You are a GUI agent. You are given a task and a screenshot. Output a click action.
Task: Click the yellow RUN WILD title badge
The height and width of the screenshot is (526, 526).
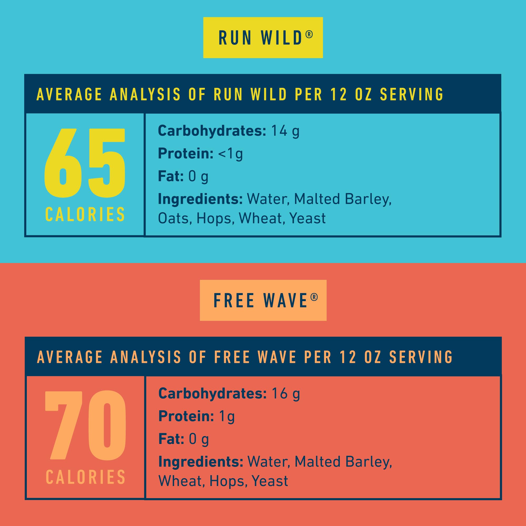pyautogui.click(x=263, y=38)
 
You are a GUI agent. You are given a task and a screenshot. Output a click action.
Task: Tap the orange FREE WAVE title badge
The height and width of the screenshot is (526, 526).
pyautogui.click(x=263, y=300)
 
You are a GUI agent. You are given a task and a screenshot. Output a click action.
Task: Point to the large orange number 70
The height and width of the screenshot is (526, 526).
pyautogui.click(x=85, y=425)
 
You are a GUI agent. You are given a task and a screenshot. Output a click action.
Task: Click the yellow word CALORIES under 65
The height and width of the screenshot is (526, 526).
pyautogui.click(x=85, y=215)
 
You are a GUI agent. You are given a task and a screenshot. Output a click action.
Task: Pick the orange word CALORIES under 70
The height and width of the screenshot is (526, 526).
pyautogui.click(x=85, y=477)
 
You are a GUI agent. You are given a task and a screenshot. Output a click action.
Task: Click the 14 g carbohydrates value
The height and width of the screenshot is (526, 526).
pyautogui.click(x=285, y=131)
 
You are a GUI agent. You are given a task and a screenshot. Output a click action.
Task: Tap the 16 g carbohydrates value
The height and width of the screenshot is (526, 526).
pyautogui.click(x=286, y=394)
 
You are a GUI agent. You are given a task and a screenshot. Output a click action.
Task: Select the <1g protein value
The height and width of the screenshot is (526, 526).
pyautogui.click(x=230, y=154)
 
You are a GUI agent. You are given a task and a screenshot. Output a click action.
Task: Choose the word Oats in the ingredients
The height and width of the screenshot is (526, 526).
pyautogui.click(x=173, y=218)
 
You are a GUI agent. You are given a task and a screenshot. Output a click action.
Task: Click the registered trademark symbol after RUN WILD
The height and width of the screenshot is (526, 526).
pyautogui.click(x=309, y=34)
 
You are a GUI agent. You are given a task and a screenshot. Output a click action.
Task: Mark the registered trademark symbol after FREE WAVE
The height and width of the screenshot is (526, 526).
pyautogui.click(x=314, y=297)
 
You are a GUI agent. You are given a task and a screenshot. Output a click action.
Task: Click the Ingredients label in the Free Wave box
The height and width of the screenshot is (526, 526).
pyautogui.click(x=201, y=462)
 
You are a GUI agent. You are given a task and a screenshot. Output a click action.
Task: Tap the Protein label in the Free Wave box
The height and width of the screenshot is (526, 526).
pyautogui.click(x=186, y=416)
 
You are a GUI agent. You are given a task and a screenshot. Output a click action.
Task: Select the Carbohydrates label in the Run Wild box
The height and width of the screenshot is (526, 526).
pyautogui.click(x=212, y=131)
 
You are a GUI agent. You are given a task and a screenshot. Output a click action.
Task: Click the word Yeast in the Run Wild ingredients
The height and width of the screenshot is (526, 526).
pyautogui.click(x=307, y=218)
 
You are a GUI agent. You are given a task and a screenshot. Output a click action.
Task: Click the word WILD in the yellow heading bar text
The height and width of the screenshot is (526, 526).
pyautogui.click(x=269, y=94)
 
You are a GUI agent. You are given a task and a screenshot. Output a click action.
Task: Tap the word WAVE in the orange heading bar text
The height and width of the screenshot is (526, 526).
pyautogui.click(x=277, y=357)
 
